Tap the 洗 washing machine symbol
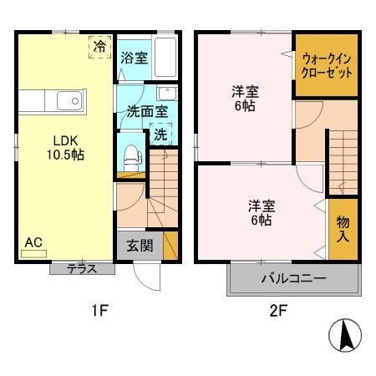[159, 133]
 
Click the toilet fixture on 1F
[130, 155]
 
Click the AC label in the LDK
[33, 243]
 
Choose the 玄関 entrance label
[140, 246]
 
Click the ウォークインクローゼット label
[327, 65]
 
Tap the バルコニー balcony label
[293, 279]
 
